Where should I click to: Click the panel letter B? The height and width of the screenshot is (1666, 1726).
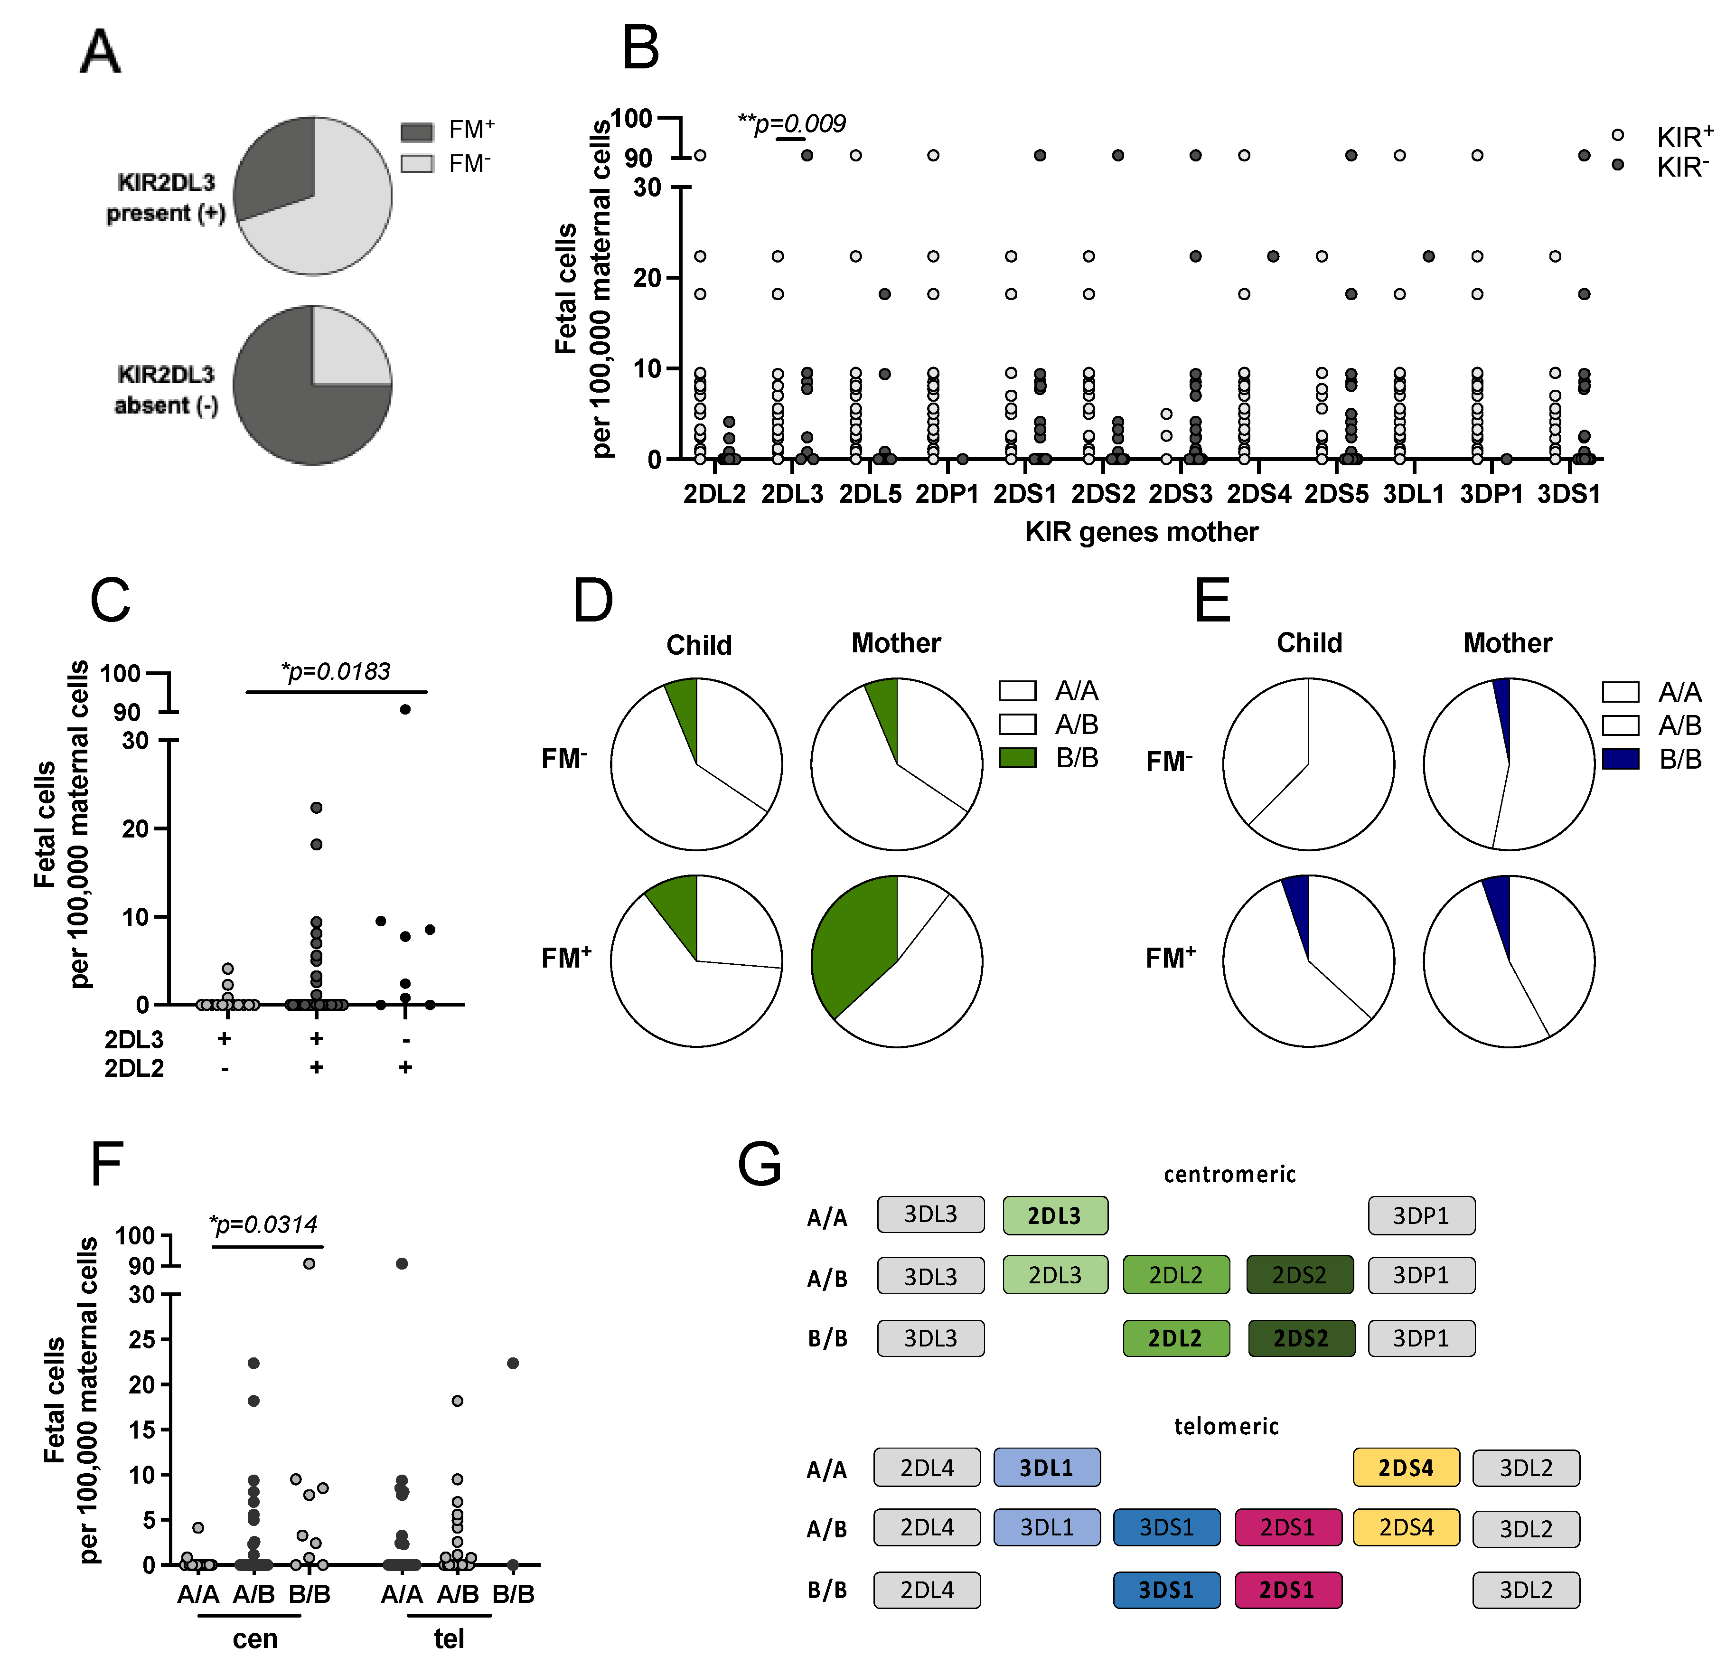coord(640,48)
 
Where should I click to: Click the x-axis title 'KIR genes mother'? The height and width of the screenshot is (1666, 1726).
coord(1141,532)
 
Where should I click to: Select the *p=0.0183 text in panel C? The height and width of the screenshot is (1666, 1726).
coord(336,671)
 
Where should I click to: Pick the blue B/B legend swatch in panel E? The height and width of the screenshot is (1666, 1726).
coord(1620,759)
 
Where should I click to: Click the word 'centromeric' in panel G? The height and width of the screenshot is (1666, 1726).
coord(1229,1174)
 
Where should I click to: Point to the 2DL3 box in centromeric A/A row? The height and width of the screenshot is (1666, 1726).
coord(1055,1215)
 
